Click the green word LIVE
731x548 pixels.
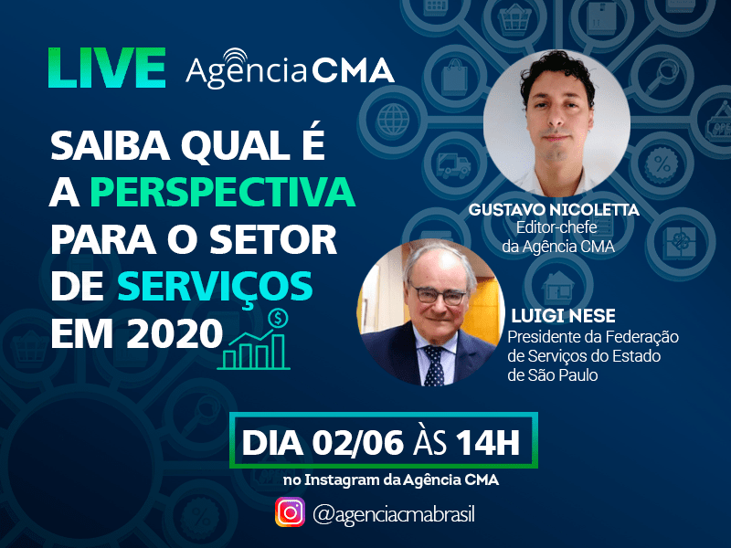[x=107, y=68]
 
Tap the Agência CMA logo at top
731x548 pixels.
[x=290, y=69]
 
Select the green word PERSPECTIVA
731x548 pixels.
[x=222, y=192]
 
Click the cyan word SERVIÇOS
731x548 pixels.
[x=215, y=288]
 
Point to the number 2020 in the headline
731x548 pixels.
[x=175, y=333]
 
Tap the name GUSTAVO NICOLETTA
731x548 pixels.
[x=554, y=210]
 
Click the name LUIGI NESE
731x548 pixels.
[x=563, y=316]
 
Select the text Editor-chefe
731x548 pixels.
[x=556, y=227]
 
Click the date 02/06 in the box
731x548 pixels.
[x=357, y=442]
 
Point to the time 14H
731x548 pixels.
[x=488, y=442]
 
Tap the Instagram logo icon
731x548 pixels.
[x=290, y=512]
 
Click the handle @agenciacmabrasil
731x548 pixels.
[x=394, y=514]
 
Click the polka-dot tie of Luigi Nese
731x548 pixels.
[x=434, y=366]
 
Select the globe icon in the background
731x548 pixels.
[x=393, y=120]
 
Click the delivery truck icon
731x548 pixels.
[x=453, y=165]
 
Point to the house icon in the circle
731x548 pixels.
[x=558, y=287]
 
